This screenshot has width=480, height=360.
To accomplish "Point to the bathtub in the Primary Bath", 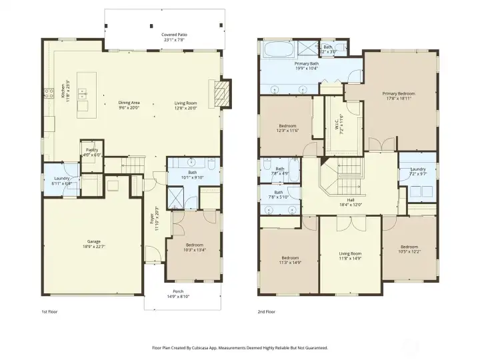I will [276, 49].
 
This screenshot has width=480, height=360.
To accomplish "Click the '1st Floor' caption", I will [50, 311].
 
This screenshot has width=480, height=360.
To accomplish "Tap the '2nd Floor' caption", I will [267, 311].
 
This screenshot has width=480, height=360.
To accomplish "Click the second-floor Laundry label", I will [418, 170].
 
